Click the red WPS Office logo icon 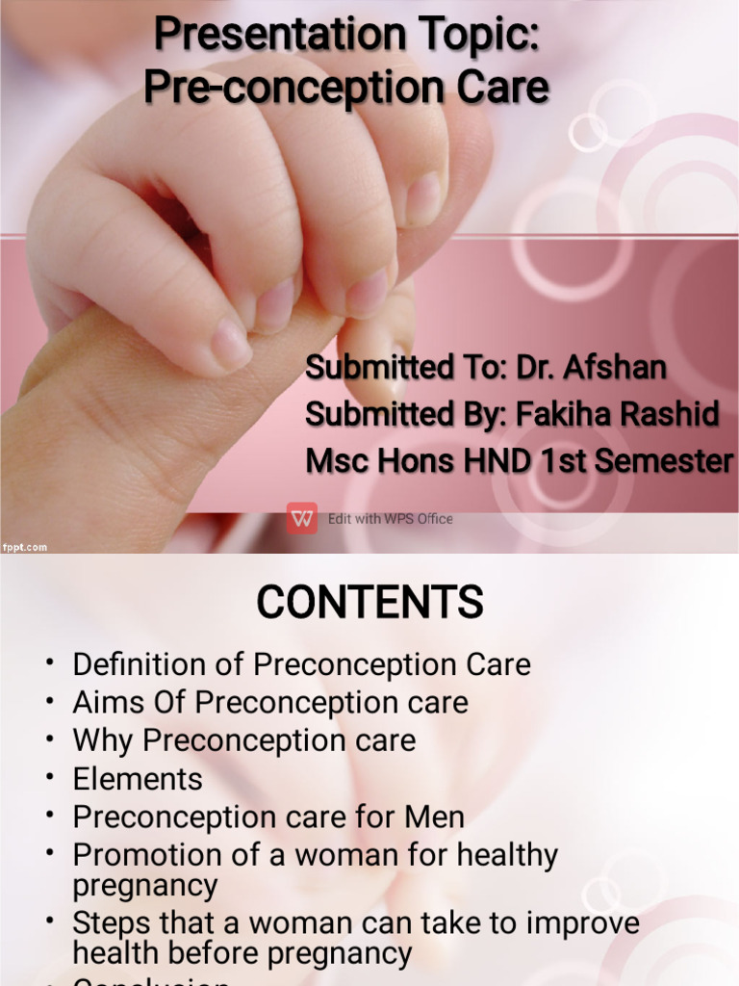coord(301,518)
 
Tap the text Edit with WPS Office coord(390,519)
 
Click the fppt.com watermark coord(24,547)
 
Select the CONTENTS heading coord(369,604)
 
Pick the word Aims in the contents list coord(104,703)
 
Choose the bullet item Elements coord(138,779)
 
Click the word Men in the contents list coord(434,817)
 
